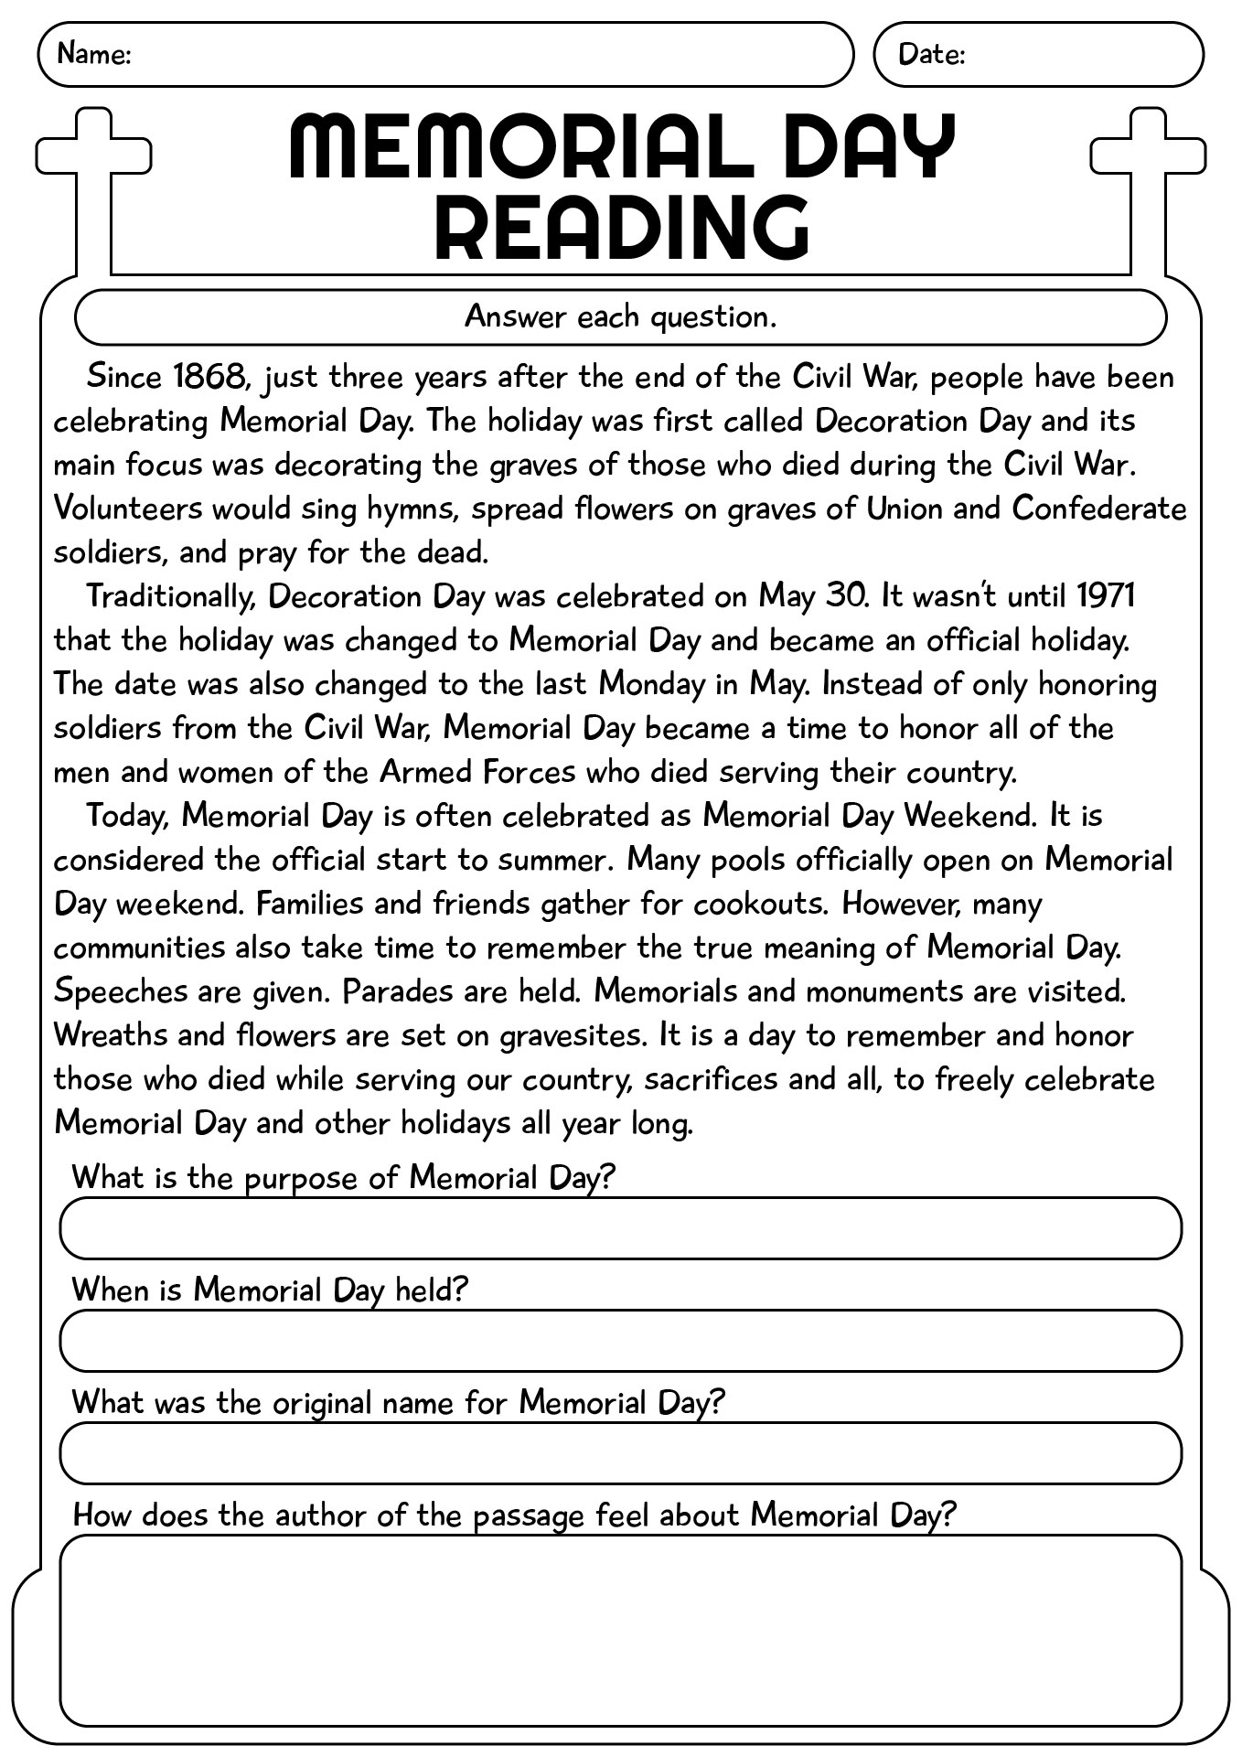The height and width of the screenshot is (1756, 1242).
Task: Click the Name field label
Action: point(94,54)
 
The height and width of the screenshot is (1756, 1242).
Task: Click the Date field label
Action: point(931,54)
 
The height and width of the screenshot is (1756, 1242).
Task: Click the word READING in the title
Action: point(621,226)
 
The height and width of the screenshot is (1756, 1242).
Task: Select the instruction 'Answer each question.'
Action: point(621,316)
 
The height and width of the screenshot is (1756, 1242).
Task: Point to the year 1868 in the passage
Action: point(209,376)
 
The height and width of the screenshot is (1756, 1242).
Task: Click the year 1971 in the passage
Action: point(1105,595)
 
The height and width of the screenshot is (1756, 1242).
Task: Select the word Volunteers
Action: point(127,508)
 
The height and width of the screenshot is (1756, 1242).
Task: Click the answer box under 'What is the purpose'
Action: point(621,1228)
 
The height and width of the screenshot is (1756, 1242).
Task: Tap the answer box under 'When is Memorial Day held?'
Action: point(621,1341)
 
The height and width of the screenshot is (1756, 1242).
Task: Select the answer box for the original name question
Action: point(621,1452)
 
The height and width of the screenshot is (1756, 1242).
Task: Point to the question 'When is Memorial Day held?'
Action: point(270,1290)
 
